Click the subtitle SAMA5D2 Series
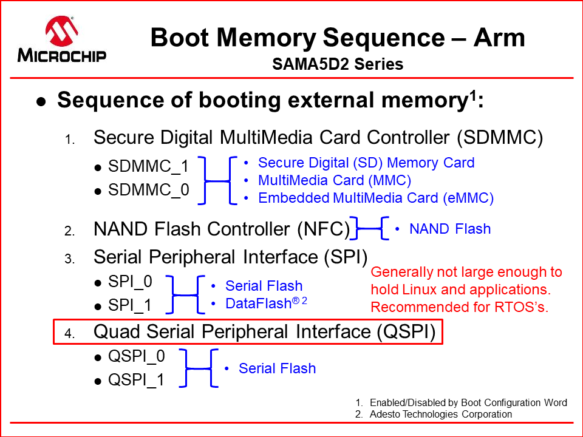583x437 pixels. coord(338,64)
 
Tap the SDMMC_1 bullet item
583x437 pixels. coord(148,166)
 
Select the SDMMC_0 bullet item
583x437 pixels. coord(148,191)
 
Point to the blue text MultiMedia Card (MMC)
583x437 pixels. coord(335,180)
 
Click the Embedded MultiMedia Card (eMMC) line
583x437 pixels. coord(375,198)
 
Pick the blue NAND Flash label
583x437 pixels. coord(449,229)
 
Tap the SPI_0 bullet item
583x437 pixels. coord(130,282)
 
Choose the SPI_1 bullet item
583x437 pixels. coord(130,306)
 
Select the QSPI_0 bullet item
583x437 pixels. coord(136,356)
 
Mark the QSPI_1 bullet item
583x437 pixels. coord(136,381)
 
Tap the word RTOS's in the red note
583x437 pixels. coord(520,307)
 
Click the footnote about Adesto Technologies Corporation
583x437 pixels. coord(440,414)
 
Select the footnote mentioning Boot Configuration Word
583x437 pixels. coord(468,402)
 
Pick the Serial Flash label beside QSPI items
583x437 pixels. coord(277,368)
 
